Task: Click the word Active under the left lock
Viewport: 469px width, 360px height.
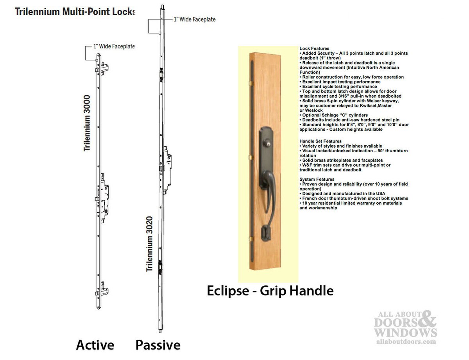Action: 95,345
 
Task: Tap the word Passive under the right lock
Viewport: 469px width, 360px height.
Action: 158,345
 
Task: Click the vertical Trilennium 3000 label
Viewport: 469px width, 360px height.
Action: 87,123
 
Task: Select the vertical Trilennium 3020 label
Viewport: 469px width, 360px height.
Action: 149,244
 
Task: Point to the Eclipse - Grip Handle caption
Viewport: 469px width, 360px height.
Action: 270,291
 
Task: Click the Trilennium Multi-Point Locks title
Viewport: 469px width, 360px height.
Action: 75,12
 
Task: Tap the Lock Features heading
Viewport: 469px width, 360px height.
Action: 314,48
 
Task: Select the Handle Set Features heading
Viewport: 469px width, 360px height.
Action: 320,141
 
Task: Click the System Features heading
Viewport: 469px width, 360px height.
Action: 317,179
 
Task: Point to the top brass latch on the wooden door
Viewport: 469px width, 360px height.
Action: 251,83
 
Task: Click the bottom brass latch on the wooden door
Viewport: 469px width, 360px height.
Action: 251,239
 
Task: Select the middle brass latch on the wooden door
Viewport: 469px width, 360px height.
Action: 251,157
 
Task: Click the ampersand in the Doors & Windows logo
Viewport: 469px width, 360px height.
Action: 427,319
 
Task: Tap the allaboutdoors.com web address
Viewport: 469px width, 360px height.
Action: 406,342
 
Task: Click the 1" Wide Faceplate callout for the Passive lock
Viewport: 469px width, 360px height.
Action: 195,20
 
